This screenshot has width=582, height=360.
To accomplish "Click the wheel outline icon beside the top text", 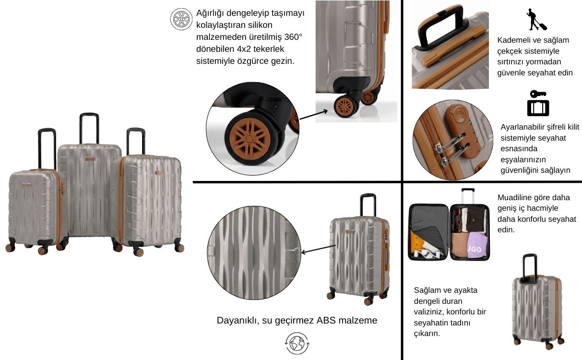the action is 181,19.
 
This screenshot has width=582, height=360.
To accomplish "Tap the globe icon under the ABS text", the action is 297,343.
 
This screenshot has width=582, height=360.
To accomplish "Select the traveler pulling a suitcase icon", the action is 536,20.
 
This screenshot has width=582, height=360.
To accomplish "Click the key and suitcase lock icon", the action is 538,103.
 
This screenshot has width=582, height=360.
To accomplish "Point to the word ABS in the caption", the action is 327,320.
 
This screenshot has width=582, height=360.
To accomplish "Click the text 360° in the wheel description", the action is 293,37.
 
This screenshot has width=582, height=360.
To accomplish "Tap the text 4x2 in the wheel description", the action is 243,49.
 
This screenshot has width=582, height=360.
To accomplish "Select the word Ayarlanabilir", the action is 522,127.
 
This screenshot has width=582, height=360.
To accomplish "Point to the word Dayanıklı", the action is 238,321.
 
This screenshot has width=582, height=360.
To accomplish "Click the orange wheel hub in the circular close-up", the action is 249,139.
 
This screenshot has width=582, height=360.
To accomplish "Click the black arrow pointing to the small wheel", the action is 314,115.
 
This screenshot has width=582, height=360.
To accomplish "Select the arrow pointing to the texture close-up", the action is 318,249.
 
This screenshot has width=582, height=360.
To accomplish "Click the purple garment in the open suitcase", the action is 478,245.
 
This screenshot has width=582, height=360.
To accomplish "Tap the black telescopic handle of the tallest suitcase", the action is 89,128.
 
